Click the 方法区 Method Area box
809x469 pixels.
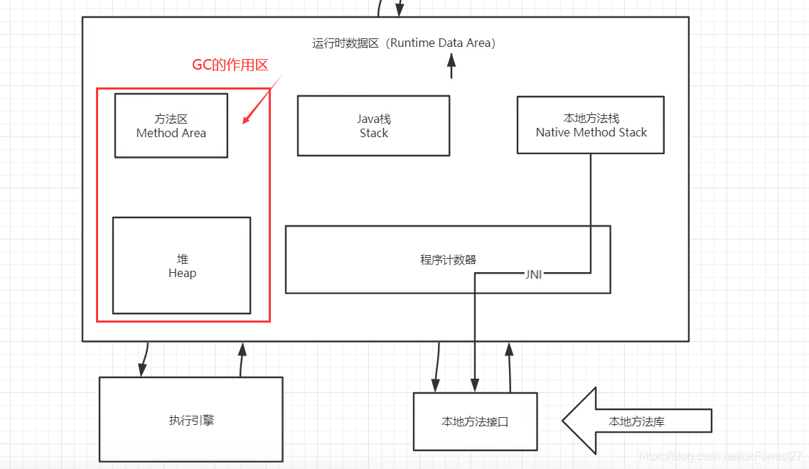[x=171, y=125]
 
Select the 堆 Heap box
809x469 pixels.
[x=181, y=265]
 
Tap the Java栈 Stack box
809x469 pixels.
[x=373, y=125]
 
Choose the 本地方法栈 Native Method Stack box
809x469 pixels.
[x=590, y=124]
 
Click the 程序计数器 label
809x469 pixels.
[x=448, y=259]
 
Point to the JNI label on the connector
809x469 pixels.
[x=533, y=274]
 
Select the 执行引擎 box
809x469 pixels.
[x=191, y=419]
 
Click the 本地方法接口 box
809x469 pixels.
[x=475, y=421]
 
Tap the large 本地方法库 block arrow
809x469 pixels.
[x=636, y=421]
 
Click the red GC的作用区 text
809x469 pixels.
[x=230, y=65]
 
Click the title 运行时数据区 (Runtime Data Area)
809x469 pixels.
[x=404, y=43]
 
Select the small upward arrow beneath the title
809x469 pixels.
[x=451, y=68]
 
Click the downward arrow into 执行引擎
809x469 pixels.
[x=144, y=360]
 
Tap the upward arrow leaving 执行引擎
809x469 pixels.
[x=242, y=359]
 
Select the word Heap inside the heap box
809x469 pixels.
[x=182, y=273]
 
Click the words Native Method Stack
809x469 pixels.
[x=591, y=132]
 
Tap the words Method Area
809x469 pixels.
[x=171, y=133]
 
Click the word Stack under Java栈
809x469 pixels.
[x=373, y=133]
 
